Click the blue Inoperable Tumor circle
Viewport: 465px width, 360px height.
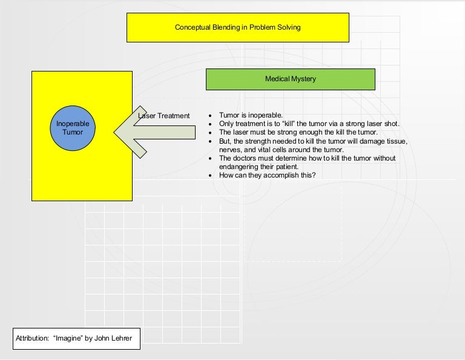pyautogui.click(x=73, y=127)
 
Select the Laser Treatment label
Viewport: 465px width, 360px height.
pyautogui.click(x=164, y=116)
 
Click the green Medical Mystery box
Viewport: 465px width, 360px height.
pyautogui.click(x=290, y=79)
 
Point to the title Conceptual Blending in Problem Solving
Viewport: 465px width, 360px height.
pyautogui.click(x=237, y=27)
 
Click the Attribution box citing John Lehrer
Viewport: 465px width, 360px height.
pyautogui.click(x=76, y=339)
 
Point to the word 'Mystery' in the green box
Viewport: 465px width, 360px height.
pyautogui.click(x=303, y=79)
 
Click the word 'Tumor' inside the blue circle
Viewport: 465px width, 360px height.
pyautogui.click(x=73, y=132)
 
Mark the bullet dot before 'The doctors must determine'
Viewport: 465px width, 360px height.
pyautogui.click(x=209, y=158)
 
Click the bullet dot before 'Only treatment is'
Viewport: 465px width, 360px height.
pyautogui.click(x=209, y=124)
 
